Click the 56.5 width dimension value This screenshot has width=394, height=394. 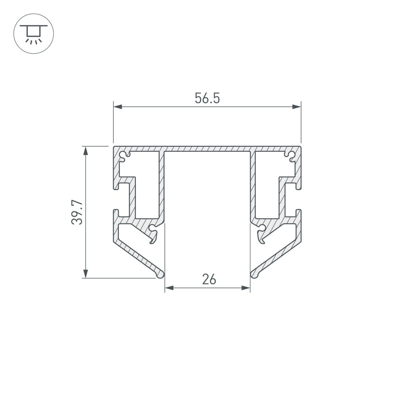pos(207,98)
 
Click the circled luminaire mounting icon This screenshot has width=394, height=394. pos(34,34)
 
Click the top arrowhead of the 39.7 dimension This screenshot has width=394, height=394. pos(86,151)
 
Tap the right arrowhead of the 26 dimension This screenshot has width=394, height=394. pos(246,288)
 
